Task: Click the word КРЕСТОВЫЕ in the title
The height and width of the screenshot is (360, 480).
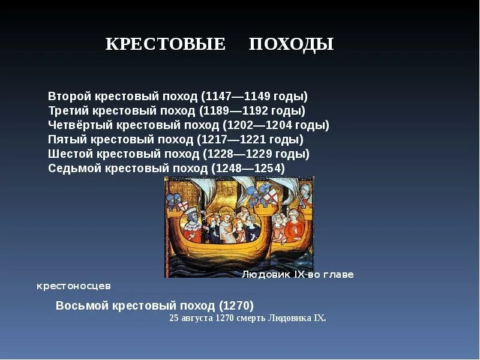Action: [165, 44]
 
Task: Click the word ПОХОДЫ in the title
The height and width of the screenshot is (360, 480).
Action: [291, 44]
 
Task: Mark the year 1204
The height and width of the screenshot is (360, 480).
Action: [279, 125]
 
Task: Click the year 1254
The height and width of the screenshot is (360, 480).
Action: [268, 169]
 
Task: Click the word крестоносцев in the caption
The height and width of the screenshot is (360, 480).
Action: [74, 286]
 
